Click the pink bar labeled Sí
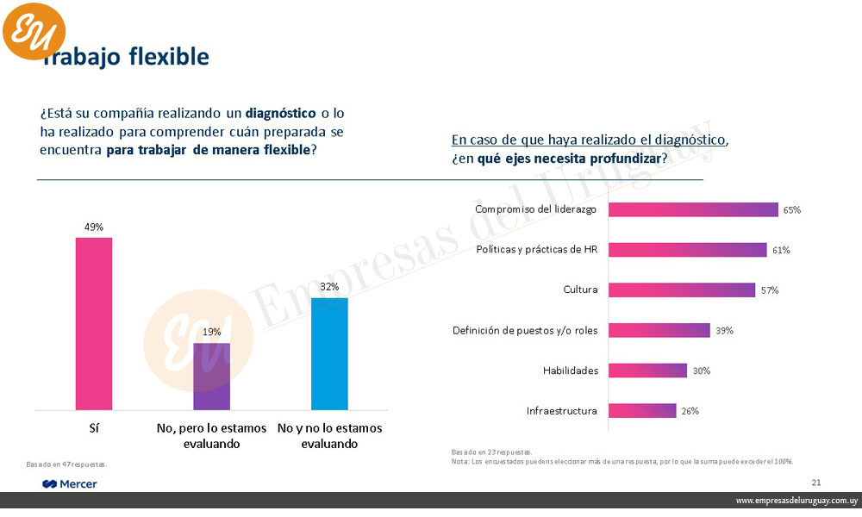click(94, 323)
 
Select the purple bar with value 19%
click(211, 377)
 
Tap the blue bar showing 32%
click(329, 353)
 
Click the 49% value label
click(94, 227)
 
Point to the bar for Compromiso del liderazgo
click(694, 209)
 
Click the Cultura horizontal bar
click(682, 290)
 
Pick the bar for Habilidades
click(648, 371)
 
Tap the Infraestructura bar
click(642, 411)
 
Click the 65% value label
click(792, 209)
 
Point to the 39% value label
click(724, 330)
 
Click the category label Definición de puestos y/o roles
click(525, 330)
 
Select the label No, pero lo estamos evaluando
click(211, 436)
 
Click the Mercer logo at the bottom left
click(70, 484)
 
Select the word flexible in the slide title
click(168, 57)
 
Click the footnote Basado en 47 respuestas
click(66, 465)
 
